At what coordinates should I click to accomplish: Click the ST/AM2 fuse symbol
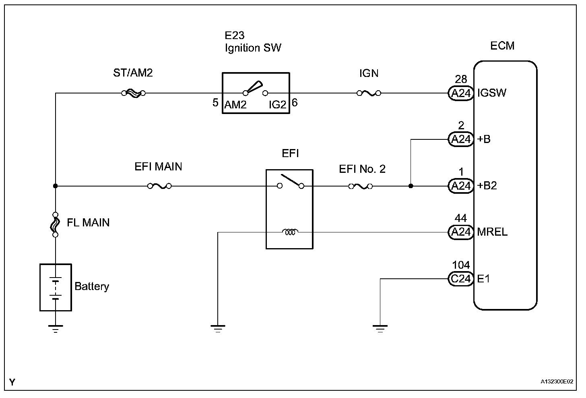pos(133,93)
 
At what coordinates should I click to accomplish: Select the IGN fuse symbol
pos(369,93)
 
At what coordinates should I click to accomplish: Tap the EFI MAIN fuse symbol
pos(159,186)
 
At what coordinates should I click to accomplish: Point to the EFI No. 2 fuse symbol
pos(360,186)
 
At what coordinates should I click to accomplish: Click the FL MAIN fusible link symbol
pos(56,224)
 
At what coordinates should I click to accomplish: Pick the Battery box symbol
pos(56,287)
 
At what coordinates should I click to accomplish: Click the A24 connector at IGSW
pos(461,93)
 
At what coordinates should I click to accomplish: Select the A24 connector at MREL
pos(461,232)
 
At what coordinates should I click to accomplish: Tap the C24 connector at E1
pos(461,279)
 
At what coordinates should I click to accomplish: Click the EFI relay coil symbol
pos(290,232)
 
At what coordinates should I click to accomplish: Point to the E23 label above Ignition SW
pos(235,35)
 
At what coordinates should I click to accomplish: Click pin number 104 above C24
pos(461,265)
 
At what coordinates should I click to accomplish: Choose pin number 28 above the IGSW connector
pos(461,79)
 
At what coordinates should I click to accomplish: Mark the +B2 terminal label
pos(487,186)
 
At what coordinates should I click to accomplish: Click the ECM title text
pos(502,46)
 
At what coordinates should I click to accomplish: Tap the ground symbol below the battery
pos(56,328)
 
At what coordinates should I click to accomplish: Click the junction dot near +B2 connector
pos(411,186)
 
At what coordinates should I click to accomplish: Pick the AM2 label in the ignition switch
pos(235,105)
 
